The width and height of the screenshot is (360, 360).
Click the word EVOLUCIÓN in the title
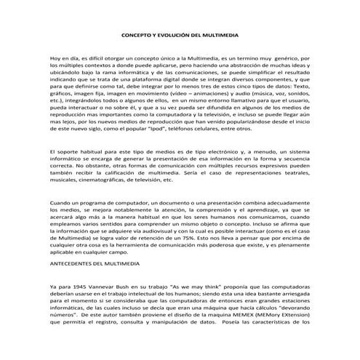click(x=173, y=35)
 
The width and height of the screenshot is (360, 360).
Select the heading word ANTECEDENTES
click(x=72, y=265)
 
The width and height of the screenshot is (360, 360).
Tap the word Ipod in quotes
click(x=191, y=128)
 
